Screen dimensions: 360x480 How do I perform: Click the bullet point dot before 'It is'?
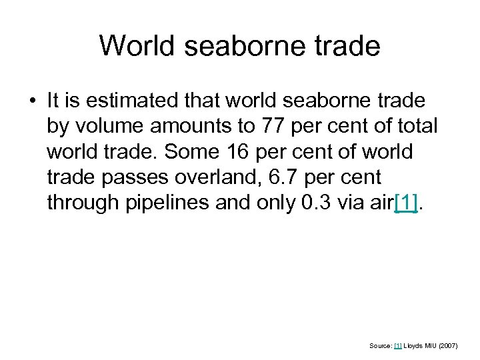click(x=33, y=101)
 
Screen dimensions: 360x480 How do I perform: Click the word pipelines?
click(x=169, y=203)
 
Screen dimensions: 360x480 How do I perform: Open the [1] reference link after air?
click(x=407, y=203)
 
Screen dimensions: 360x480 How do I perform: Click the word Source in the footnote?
click(x=380, y=345)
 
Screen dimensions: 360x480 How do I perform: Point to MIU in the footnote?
click(x=434, y=345)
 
